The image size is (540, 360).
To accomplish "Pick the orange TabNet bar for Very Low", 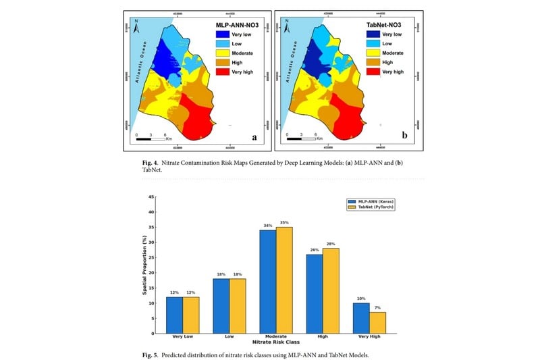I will point(190,315).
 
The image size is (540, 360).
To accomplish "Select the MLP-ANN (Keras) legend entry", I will point(368,201).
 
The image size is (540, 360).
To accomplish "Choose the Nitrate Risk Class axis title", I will point(269,343).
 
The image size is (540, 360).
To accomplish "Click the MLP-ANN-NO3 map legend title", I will point(232,24).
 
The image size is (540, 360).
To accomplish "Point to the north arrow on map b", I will point(286,28).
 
